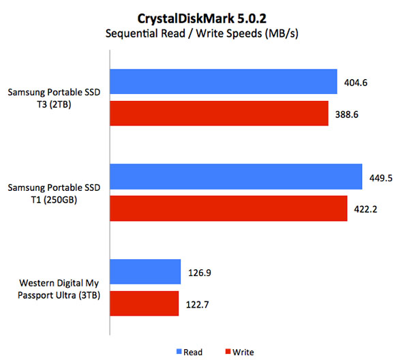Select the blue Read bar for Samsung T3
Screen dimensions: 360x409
224,82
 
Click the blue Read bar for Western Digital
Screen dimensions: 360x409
145,273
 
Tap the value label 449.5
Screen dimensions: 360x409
382,178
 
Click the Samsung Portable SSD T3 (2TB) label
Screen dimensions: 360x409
55,98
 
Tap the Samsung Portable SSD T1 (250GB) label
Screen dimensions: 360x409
55,194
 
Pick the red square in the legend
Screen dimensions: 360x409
227,352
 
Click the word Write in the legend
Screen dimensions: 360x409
243,352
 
